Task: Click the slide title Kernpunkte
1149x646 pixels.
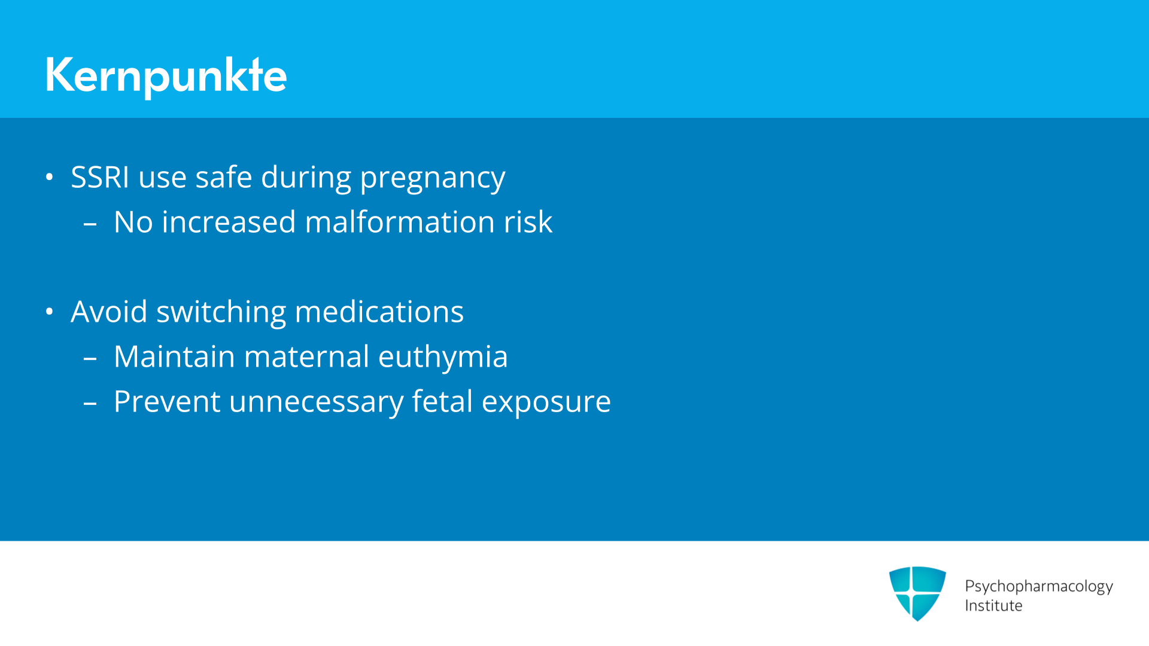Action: [166, 76]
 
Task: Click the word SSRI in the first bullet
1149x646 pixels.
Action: [100, 177]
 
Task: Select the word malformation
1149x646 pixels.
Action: [400, 222]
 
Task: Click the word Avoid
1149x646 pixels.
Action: [109, 312]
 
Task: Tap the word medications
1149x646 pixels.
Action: [379, 312]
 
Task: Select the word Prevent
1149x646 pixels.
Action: [167, 401]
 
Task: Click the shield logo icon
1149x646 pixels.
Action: [917, 593]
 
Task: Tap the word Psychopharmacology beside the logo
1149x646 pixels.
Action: [1039, 587]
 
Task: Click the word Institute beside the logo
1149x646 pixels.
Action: [993, 606]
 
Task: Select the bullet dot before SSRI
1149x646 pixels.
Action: [50, 177]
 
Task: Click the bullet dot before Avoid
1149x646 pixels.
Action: [50, 312]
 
